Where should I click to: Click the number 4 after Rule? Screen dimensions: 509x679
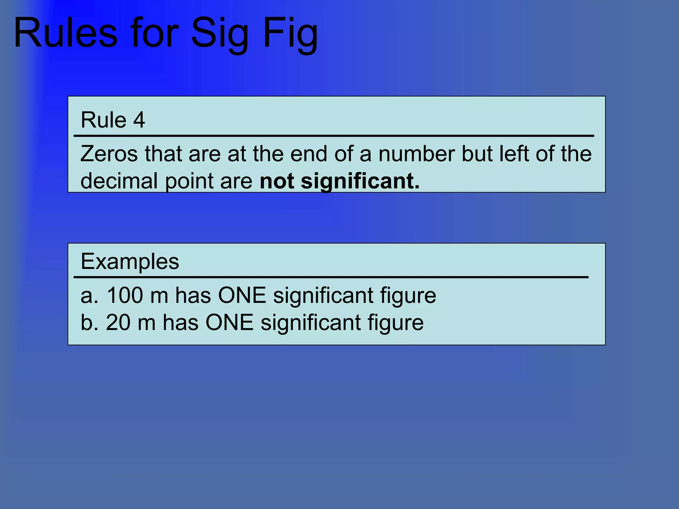(139, 120)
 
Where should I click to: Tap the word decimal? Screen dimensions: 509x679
(119, 181)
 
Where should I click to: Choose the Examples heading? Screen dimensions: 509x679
(130, 261)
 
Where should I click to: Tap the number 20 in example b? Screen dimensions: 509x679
(118, 322)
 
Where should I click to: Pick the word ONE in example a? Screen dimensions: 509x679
(242, 295)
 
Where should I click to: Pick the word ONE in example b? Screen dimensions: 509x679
(229, 322)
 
